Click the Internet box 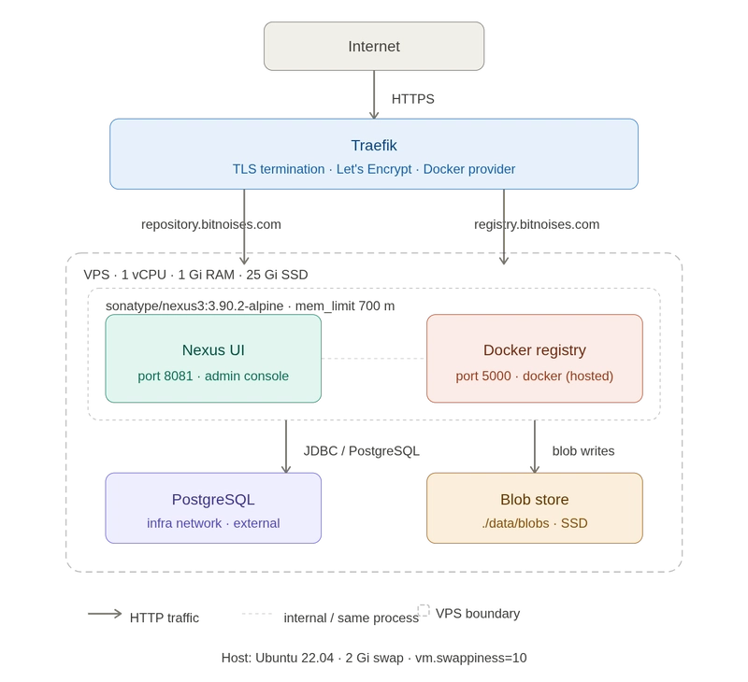coord(373,47)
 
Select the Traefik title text coord(373,146)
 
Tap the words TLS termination coord(278,169)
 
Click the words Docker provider coord(469,169)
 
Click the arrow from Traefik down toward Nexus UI coord(244,224)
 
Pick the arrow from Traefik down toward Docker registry coord(503,224)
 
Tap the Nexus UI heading coord(213,350)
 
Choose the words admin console coord(248,377)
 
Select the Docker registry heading coord(534,350)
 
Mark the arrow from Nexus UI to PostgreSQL coord(283,447)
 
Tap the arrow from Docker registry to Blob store coord(534,447)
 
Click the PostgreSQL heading coord(213,499)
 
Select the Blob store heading coord(534,499)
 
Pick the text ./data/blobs coord(514,523)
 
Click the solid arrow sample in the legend coord(104,615)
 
